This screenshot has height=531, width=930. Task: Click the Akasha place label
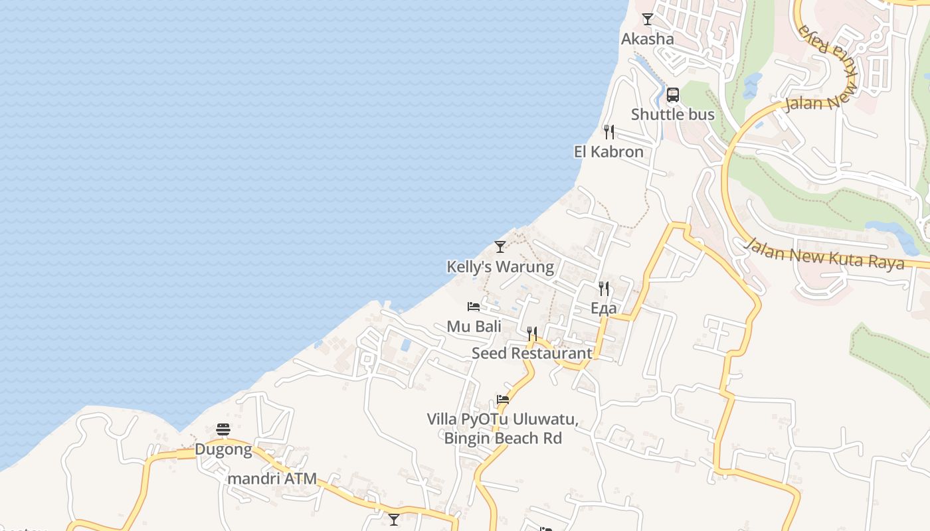[x=647, y=39]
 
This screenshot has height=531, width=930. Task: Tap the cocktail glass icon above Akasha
[x=648, y=19]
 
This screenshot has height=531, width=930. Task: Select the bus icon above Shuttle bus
[x=673, y=95]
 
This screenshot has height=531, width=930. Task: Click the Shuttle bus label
[x=672, y=114]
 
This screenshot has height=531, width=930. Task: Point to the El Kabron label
[x=608, y=152]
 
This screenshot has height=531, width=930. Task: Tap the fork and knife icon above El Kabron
[x=608, y=132]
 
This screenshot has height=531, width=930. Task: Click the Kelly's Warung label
[x=500, y=267]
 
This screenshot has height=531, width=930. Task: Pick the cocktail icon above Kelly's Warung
[x=500, y=247]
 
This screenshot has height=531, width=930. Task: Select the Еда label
[x=603, y=309]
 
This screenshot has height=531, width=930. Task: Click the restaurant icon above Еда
[x=604, y=289]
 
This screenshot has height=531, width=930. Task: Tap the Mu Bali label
[x=474, y=327]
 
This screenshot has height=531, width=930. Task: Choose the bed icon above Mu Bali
[x=474, y=307]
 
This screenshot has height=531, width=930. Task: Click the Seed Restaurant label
[x=531, y=353]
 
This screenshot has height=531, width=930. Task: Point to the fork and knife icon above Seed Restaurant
[x=532, y=333]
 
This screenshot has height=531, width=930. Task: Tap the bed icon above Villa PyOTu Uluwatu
[x=503, y=400]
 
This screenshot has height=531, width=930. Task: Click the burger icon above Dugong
[x=223, y=430]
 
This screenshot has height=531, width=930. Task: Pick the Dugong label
[x=223, y=450]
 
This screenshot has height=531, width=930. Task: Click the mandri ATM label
[x=272, y=479]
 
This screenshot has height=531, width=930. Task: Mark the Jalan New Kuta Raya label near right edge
[x=824, y=254]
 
